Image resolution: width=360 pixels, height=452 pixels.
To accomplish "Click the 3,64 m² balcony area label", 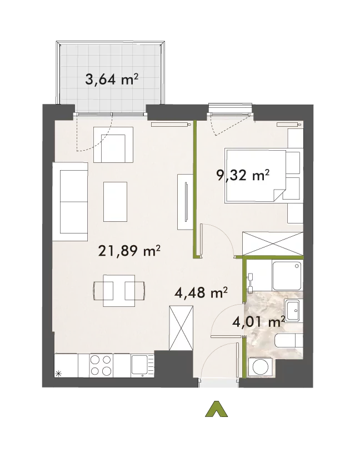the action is (x=112, y=80).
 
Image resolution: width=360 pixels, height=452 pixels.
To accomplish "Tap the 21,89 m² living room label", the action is (x=129, y=251).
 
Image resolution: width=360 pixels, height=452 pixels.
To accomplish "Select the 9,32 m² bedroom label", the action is (x=243, y=175).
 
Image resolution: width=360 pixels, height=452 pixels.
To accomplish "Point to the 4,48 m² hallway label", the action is (x=201, y=292).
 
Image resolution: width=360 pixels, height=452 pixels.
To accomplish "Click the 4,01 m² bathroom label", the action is (x=259, y=322).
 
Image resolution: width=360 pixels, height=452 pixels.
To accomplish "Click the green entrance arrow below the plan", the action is (x=216, y=409).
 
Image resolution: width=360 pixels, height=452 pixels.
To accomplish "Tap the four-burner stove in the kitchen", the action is (x=101, y=365).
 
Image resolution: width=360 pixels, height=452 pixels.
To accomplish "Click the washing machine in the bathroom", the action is (x=261, y=367).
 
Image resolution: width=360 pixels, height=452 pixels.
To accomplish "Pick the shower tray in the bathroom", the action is (x=287, y=276).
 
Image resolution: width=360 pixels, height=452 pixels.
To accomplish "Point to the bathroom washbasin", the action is (x=293, y=310).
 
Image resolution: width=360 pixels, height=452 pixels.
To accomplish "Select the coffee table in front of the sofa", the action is (x=115, y=201).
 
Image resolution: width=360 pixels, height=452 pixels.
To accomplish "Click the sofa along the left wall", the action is (x=70, y=201).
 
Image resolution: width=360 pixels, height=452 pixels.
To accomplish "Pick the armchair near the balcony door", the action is (x=113, y=145).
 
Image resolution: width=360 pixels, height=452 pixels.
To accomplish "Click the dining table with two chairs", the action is (x=119, y=291).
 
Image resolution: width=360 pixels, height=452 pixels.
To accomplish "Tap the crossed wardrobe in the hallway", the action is (x=181, y=328).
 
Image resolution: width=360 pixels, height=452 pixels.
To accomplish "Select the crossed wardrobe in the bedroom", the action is (x=273, y=244).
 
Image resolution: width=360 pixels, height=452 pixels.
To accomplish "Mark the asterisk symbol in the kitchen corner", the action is (x=58, y=374).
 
